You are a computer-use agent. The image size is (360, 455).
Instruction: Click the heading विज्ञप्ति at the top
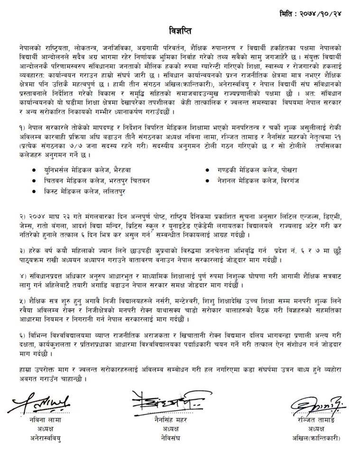[179, 32]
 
